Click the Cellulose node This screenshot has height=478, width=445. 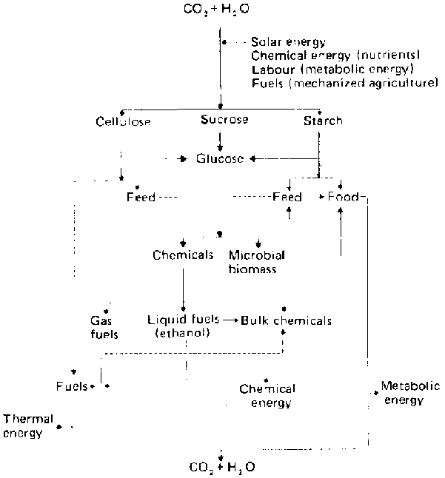(x=124, y=121)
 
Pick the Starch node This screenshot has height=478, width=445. (x=323, y=120)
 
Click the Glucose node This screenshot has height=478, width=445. (x=221, y=158)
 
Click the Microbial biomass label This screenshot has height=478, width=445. (x=257, y=262)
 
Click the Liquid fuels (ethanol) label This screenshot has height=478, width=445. (x=183, y=327)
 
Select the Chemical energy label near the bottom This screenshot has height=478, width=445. (x=267, y=396)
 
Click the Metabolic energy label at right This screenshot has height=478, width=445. (x=409, y=393)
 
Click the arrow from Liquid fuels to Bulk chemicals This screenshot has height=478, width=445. (x=230, y=320)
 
